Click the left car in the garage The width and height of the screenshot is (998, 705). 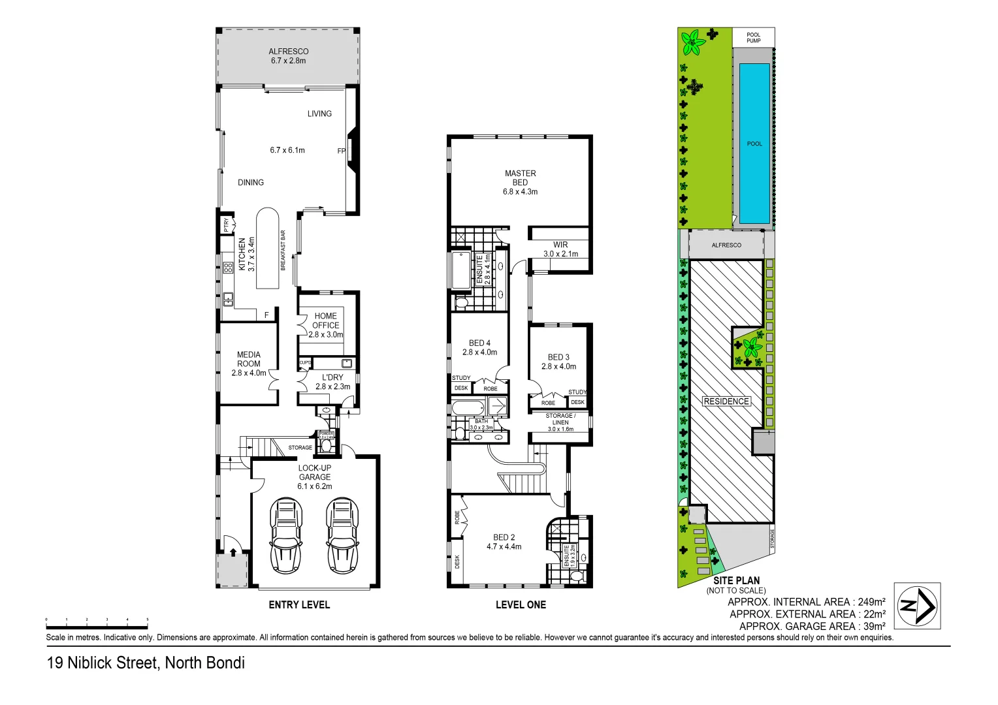coord(285,535)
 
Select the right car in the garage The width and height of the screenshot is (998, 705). coord(342,535)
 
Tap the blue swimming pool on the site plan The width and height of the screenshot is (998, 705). coord(754,143)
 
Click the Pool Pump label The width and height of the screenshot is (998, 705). coord(754,38)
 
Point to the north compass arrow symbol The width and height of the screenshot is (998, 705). coord(916,606)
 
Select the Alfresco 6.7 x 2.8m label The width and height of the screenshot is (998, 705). coord(288,56)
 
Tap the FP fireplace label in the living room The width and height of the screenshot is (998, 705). coord(341,151)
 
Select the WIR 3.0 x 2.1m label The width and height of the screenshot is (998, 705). coord(560,249)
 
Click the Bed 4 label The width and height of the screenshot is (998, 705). coord(479,347)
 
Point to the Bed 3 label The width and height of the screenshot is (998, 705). coord(558,362)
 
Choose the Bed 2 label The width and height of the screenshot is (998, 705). coord(504,542)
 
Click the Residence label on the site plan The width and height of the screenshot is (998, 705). coord(726,401)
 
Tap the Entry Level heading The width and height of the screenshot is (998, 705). coord(299,605)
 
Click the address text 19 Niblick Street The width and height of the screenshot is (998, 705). coord(146,663)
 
